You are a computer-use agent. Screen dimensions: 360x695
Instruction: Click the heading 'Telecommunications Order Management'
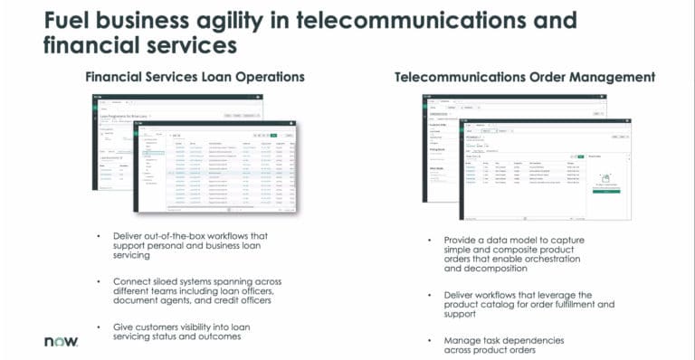[x=525, y=77]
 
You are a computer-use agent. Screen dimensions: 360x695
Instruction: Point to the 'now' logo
[x=62, y=342]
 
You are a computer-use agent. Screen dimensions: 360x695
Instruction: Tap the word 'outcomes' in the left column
[x=221, y=337]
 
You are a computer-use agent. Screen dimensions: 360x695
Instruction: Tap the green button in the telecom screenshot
[x=606, y=192]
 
